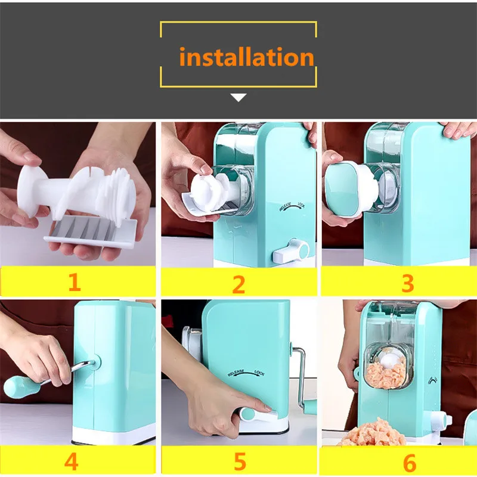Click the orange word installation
(246, 57)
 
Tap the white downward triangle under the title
(238, 97)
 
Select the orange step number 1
(75, 282)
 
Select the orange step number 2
(238, 284)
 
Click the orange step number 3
(408, 283)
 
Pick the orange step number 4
(71, 461)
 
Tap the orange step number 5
(240, 461)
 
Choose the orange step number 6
(410, 463)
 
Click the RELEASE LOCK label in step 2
(292, 206)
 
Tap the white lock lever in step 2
(291, 251)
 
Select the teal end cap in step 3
(341, 188)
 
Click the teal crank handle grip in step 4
(21, 386)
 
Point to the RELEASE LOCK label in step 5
(246, 373)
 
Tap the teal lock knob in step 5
(247, 414)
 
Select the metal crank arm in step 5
(301, 377)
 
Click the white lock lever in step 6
(439, 421)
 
